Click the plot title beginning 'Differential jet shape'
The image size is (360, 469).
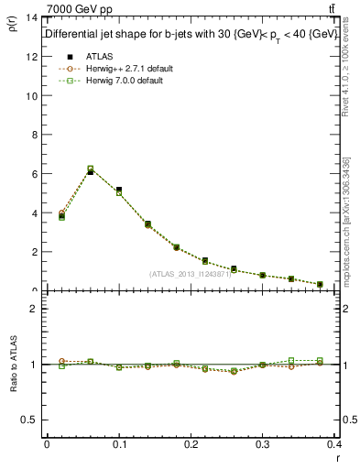(190, 33)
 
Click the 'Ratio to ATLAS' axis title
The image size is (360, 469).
(13, 365)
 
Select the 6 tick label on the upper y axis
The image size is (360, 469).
(33, 173)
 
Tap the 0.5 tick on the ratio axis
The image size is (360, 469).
(28, 420)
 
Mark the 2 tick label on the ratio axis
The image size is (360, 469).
(33, 309)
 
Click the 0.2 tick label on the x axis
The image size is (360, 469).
(191, 443)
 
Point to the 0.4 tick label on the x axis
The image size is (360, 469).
(334, 443)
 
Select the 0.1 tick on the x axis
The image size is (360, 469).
(119, 443)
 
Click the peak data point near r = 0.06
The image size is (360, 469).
(90, 170)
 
